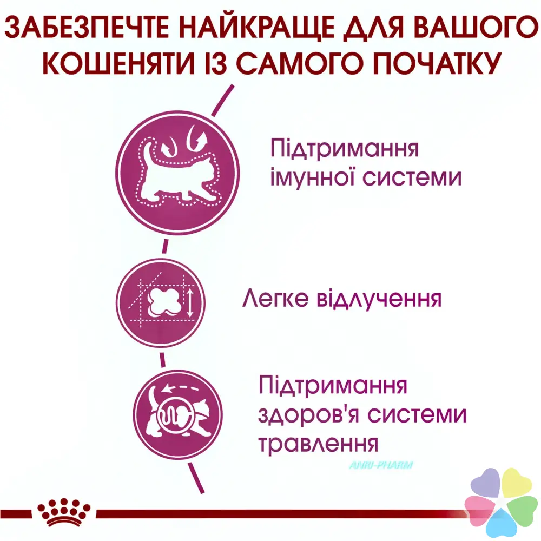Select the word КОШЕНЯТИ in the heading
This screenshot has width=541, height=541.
tap(118, 63)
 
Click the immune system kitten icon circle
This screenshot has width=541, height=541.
tap(177, 173)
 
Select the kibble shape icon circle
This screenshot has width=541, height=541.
tap(161, 302)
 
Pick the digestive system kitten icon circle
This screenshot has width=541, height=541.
tap(178, 414)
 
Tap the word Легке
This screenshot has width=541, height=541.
tap(275, 298)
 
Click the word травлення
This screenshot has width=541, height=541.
tap(318, 444)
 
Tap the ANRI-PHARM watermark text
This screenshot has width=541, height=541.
tap(381, 465)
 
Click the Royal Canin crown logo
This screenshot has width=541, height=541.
tap(64, 512)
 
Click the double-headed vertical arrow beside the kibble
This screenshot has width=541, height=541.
tap(190, 302)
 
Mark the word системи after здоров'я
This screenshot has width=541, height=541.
tap(417, 414)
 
